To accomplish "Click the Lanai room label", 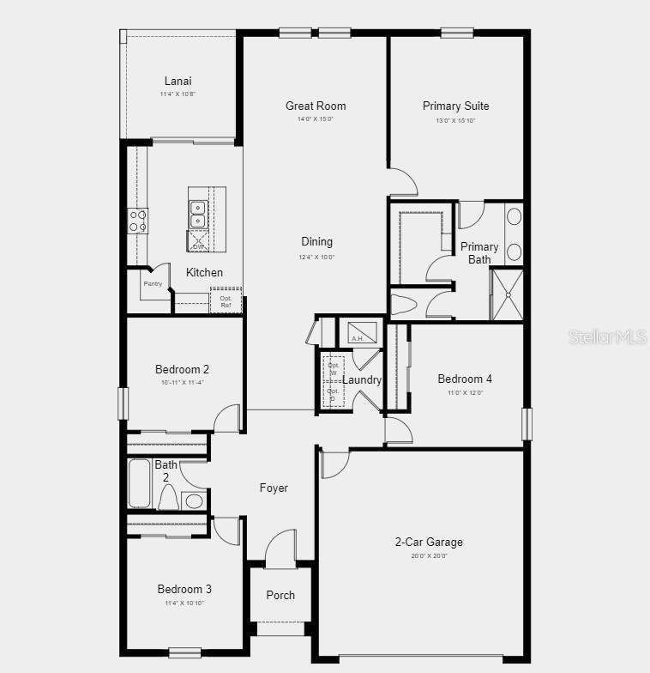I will click(x=178, y=82).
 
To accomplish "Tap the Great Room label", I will click(x=316, y=106).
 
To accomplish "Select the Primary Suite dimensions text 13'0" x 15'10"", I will click(x=455, y=120).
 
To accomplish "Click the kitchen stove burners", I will click(x=137, y=221).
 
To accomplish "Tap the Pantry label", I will click(x=153, y=284).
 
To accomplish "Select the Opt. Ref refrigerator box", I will click(x=226, y=300).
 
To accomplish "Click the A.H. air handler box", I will click(x=358, y=331).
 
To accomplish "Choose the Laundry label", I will click(x=362, y=380).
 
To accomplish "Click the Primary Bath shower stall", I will click(x=505, y=294).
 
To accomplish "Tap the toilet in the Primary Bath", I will click(x=403, y=305).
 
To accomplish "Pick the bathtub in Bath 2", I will click(x=139, y=484).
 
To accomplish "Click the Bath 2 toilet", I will click(x=168, y=499).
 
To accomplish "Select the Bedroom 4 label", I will click(x=465, y=379).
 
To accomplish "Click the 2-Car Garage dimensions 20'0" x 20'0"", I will click(x=429, y=556).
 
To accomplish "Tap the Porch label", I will click(x=280, y=595).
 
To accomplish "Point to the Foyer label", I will click(x=274, y=488).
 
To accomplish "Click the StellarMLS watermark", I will click(x=606, y=336).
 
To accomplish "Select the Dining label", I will click(x=316, y=242).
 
